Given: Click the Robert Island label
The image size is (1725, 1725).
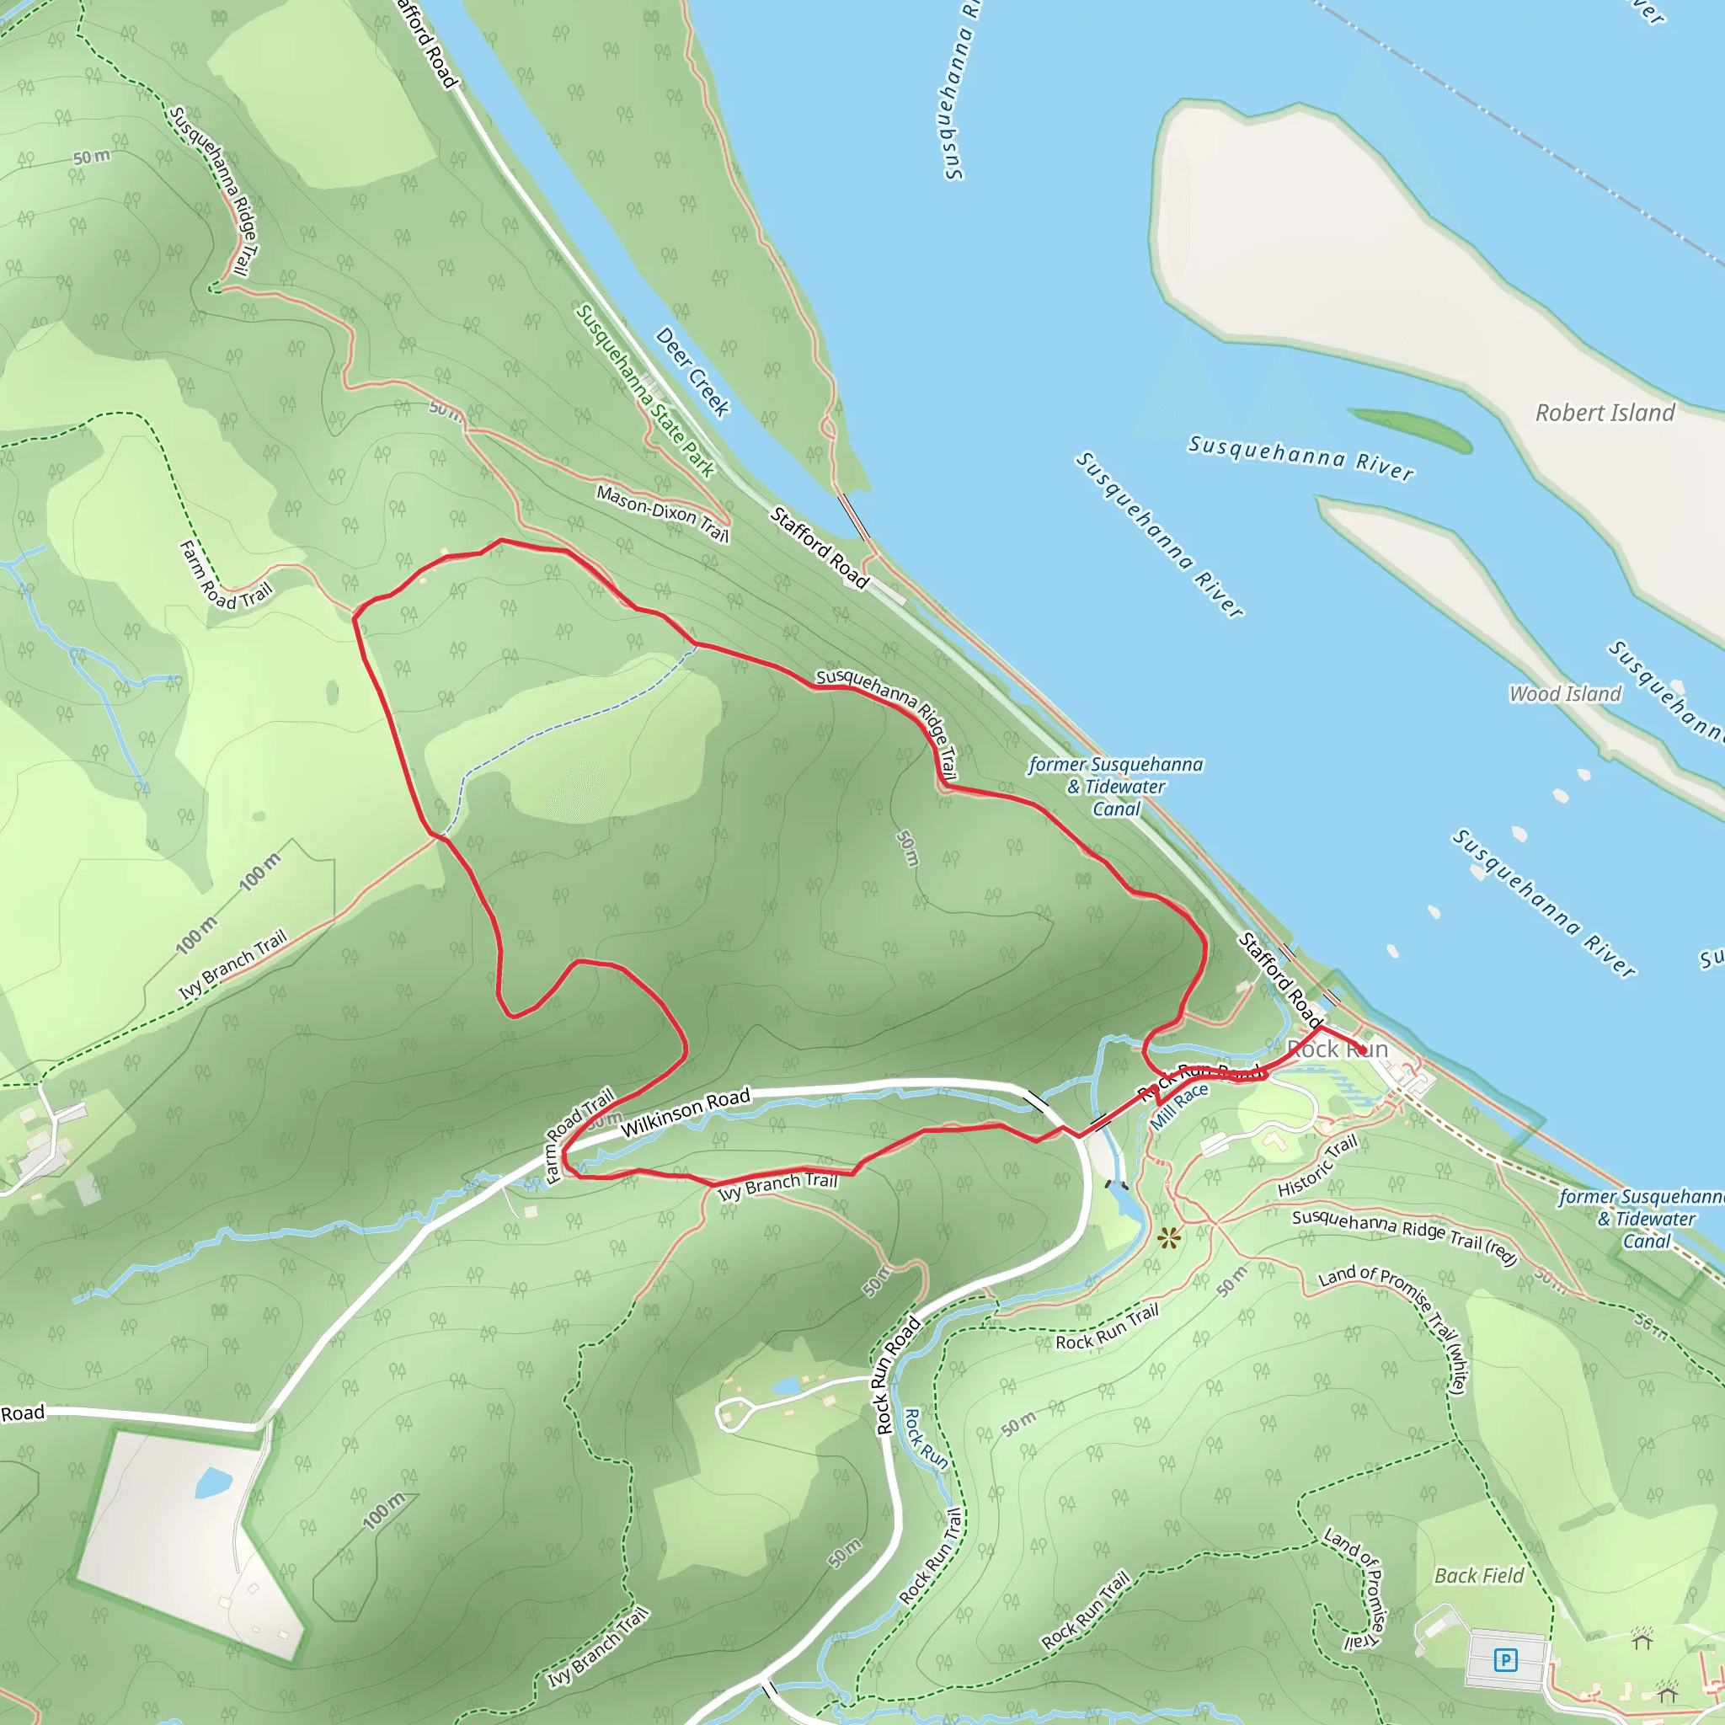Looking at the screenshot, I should [x=1605, y=413].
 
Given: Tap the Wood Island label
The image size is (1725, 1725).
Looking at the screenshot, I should [x=1564, y=694].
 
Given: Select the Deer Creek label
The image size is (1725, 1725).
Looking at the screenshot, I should [x=693, y=371].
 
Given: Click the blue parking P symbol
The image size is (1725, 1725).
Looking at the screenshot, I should [x=1505, y=1660].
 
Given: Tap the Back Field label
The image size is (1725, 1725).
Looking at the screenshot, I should [x=1478, y=1576].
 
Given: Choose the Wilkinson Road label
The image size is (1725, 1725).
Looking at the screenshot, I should [x=685, y=1113].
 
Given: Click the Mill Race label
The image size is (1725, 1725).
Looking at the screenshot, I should [x=1178, y=1106].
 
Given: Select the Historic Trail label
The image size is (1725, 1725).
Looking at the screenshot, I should [x=1317, y=1165].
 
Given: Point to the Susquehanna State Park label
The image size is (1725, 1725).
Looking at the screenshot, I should [x=644, y=391].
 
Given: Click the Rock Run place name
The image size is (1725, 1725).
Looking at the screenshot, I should [x=1337, y=1049].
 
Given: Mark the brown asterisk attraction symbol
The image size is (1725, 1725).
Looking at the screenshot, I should [x=1169, y=1237].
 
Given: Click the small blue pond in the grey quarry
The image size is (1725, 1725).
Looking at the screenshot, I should [x=213, y=1483].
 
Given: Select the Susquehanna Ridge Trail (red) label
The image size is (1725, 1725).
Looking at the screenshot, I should [x=1404, y=1236].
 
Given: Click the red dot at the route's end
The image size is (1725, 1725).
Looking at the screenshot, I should [x=1363, y=1051].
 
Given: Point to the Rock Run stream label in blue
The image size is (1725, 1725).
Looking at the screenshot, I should [x=926, y=1439].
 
